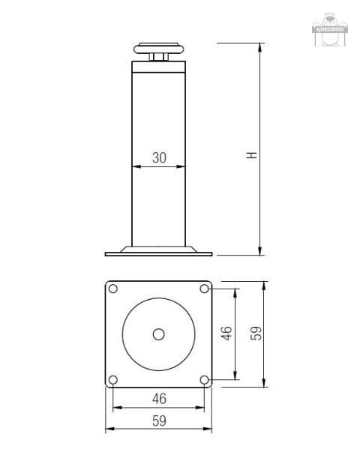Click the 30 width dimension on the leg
click(159, 157)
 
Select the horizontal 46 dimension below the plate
click(159, 398)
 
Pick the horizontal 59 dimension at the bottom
click(159, 421)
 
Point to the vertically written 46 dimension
click(226, 334)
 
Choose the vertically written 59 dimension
click(255, 334)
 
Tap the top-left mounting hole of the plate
click(112, 289)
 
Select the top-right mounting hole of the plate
click(205, 289)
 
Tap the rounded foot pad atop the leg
click(157, 48)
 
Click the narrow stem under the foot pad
click(157, 57)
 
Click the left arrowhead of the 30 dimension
click(135, 166)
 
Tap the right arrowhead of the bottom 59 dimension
click(209, 430)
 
